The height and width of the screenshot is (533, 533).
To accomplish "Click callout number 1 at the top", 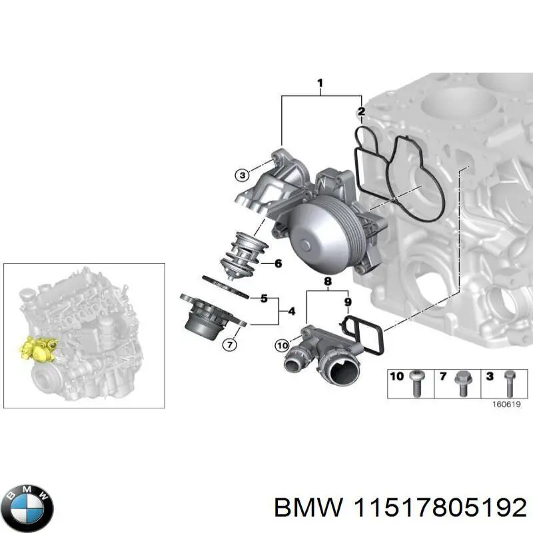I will [x=320, y=84].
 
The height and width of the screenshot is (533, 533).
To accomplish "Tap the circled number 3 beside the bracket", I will [x=242, y=175].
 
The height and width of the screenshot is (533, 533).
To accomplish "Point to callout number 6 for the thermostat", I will [x=291, y=310].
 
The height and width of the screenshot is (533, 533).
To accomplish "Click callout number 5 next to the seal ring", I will [x=264, y=298].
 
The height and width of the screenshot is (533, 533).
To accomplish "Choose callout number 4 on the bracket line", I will [x=278, y=264].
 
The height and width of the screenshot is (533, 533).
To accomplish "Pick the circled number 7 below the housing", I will [x=229, y=344].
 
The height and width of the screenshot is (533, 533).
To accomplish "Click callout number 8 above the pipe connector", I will [x=328, y=282].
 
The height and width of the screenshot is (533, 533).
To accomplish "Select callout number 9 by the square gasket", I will [x=347, y=302].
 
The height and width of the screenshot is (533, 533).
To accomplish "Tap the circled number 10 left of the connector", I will [x=282, y=345].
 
